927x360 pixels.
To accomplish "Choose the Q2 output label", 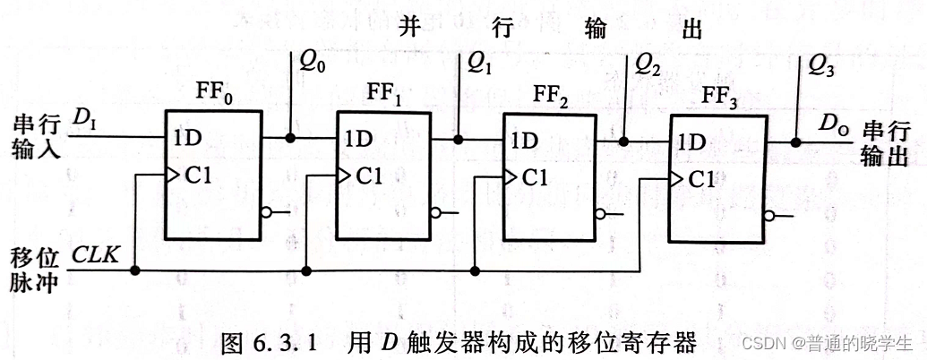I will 648,64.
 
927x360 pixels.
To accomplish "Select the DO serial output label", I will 832,126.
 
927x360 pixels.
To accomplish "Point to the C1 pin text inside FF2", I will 534,177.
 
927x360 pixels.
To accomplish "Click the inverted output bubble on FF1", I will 436,213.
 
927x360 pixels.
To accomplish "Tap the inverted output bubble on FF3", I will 769,215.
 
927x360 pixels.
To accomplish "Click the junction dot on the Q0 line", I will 290,139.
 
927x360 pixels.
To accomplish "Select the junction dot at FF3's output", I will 795,141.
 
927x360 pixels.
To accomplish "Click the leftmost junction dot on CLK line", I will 135,270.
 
